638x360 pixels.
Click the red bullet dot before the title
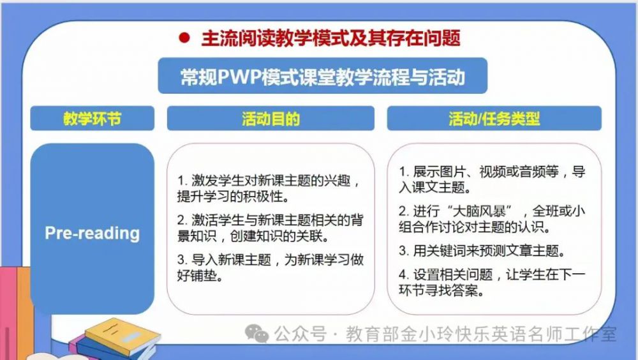[x=184, y=38]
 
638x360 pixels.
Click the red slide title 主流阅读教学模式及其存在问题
[x=330, y=38]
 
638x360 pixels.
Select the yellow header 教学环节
[x=93, y=119]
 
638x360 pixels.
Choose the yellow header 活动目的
[x=271, y=119]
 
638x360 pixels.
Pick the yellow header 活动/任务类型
[x=494, y=119]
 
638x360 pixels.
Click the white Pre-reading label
[x=93, y=233]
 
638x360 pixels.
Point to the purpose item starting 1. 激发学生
[x=269, y=188]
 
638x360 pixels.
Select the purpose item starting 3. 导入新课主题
[x=270, y=267]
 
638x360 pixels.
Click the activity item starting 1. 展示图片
[x=492, y=179]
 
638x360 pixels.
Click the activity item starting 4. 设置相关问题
[x=492, y=282]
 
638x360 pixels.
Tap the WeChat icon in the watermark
[x=256, y=334]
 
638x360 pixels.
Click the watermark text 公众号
[x=300, y=334]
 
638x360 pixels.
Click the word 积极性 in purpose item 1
[x=263, y=197]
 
